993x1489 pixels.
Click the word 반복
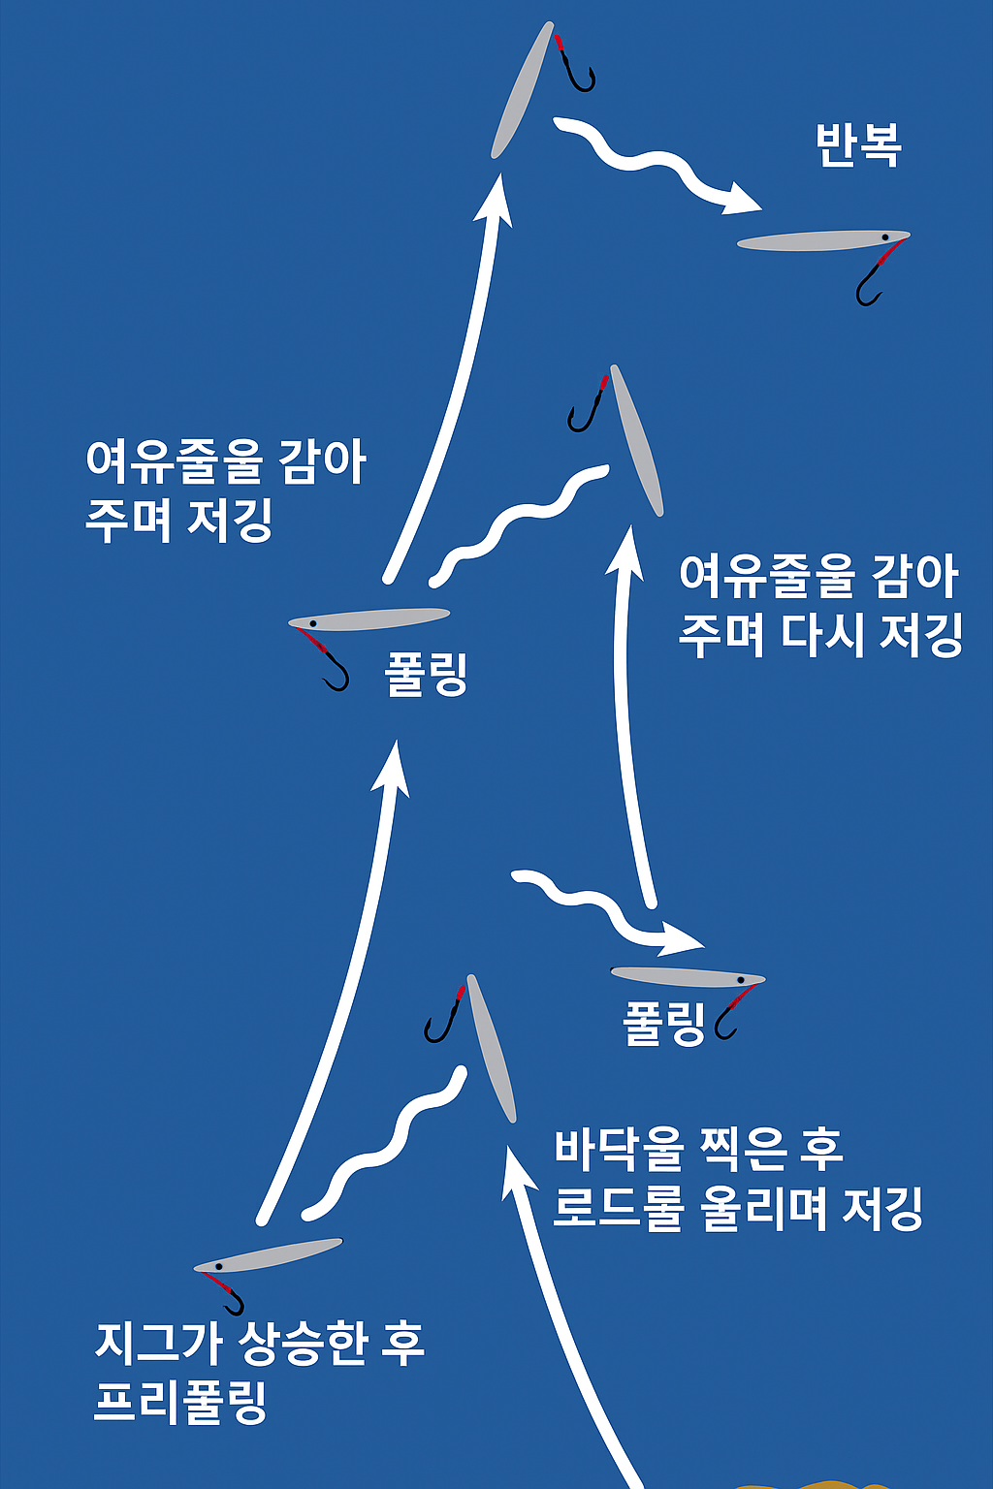pos(858,145)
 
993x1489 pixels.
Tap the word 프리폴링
pos(180,1402)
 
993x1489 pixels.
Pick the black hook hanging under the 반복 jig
pos(868,288)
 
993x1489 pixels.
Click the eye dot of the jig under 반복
pos(885,237)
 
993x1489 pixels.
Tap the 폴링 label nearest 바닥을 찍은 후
pos(664,1025)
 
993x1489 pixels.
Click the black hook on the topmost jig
pos(579,72)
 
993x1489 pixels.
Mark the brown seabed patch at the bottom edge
pos(815,1484)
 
